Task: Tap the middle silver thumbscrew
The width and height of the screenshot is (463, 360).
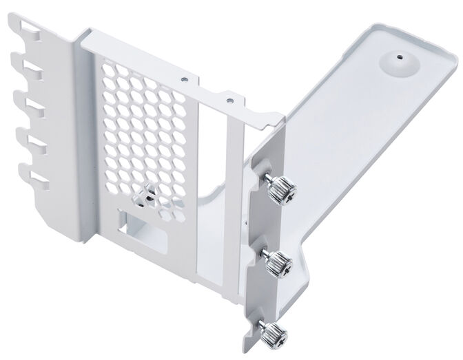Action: (278, 262)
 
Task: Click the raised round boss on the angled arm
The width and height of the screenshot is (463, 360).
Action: (396, 63)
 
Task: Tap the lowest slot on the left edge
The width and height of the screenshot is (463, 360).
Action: (31, 181)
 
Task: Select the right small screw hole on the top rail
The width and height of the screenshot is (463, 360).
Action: (227, 100)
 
